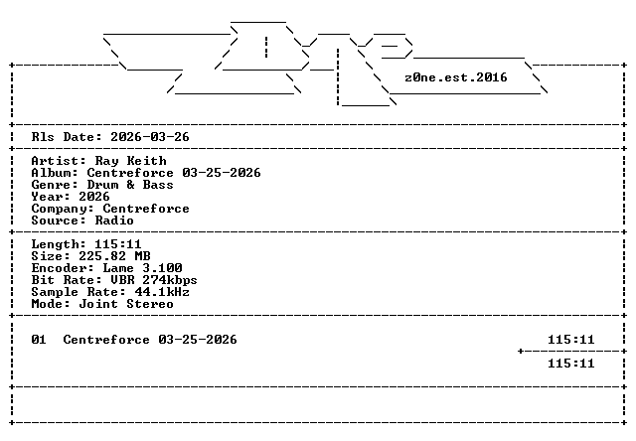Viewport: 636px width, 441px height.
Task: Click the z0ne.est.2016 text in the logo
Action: click(x=456, y=77)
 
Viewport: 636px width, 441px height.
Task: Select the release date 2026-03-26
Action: click(x=150, y=137)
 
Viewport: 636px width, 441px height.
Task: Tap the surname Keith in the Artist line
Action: click(x=146, y=161)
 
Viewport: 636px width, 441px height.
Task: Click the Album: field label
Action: click(x=55, y=173)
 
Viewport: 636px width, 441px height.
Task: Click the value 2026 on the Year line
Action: click(x=94, y=197)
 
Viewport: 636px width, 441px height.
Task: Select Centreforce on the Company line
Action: click(x=146, y=209)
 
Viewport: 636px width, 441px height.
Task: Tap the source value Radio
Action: click(x=114, y=220)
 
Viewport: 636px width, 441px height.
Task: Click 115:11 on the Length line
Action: click(x=118, y=244)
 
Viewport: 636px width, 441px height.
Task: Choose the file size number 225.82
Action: click(x=102, y=256)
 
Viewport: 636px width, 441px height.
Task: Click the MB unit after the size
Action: click(x=142, y=256)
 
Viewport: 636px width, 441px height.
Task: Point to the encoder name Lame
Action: click(x=118, y=268)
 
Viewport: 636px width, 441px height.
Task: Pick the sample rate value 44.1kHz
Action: click(x=162, y=292)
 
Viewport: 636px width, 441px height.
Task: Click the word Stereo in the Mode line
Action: click(x=150, y=304)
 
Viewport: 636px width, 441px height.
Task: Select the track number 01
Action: click(x=39, y=340)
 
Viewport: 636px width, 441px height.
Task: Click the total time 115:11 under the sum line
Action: click(x=571, y=364)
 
